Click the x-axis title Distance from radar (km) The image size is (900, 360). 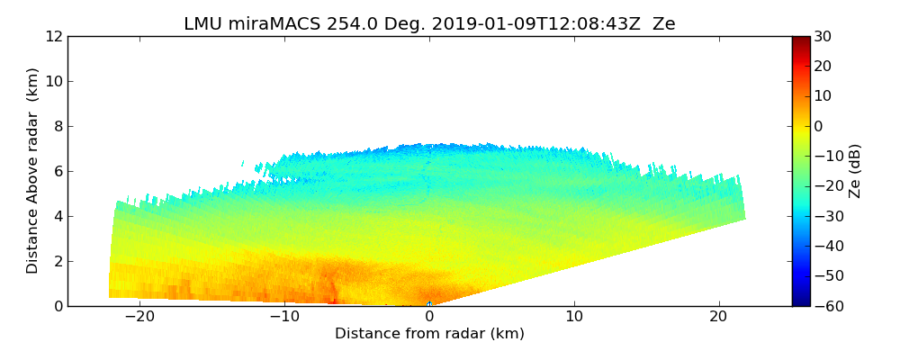[x=429, y=334]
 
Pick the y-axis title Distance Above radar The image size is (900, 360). [x=33, y=171]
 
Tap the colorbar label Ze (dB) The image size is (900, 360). [x=855, y=171]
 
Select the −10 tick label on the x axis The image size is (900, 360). [x=284, y=318]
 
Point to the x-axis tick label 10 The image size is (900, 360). [x=574, y=318]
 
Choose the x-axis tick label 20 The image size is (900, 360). [x=718, y=318]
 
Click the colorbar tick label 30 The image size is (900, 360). [x=823, y=36]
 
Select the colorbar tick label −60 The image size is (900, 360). [x=826, y=306]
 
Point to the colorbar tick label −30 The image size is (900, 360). [x=826, y=216]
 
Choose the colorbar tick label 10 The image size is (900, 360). [x=823, y=96]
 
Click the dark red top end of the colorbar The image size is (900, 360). [x=800, y=40]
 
